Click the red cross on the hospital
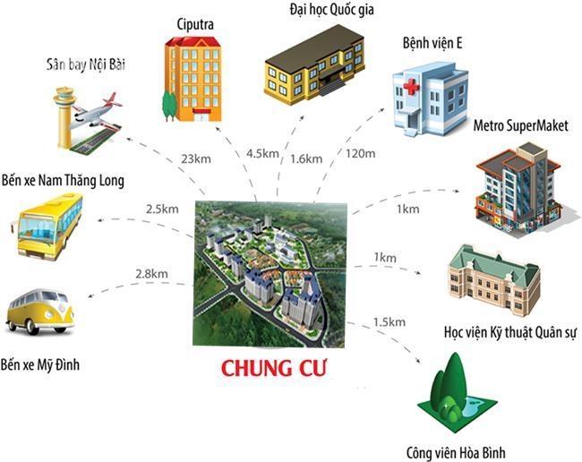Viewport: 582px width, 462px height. point(411,87)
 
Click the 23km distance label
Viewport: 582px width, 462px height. point(196,159)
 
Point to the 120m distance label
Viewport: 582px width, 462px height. point(361,153)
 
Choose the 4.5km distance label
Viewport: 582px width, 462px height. point(262,153)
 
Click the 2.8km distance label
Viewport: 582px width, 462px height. point(151,274)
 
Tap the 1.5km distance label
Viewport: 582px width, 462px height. point(389,321)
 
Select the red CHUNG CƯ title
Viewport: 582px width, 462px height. point(274,368)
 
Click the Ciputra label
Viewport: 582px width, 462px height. point(195,25)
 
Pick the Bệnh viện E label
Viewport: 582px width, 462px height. point(432,43)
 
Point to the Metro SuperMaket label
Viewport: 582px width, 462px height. point(521,125)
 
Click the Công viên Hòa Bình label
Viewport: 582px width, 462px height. point(456,453)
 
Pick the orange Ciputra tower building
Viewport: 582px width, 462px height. point(193,79)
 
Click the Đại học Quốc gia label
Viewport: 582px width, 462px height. point(331,10)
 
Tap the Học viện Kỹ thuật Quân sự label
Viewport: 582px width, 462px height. point(510,332)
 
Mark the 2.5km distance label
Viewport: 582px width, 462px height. point(162,209)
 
